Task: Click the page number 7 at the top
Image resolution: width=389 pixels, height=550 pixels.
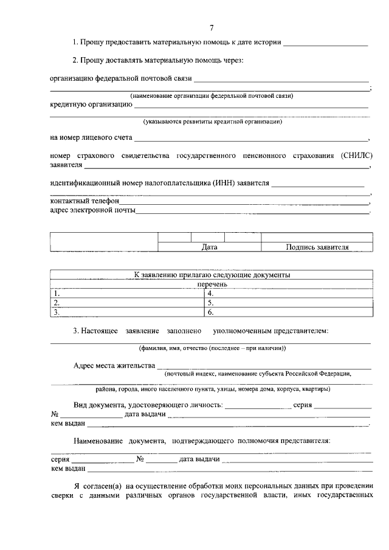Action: pos(212,27)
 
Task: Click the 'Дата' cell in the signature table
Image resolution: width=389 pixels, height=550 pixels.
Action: pos(209,247)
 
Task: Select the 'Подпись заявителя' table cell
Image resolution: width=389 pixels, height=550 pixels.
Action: pos(317,247)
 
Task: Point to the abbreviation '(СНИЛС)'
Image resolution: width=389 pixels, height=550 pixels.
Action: pos(356,156)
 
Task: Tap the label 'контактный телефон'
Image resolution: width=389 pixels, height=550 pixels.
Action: pos(84,200)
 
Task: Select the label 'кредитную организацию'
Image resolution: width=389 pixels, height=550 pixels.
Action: pos(91,105)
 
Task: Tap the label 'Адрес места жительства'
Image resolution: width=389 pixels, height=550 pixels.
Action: pos(114,366)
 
